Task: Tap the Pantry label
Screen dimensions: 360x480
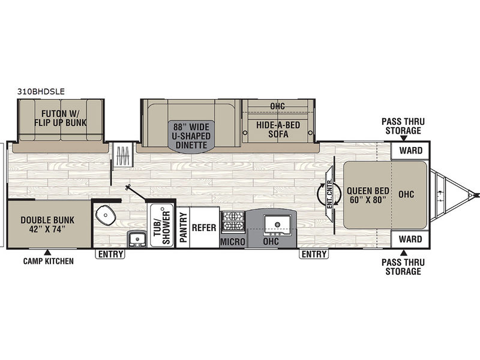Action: [182, 227]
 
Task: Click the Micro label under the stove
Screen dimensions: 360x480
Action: [233, 242]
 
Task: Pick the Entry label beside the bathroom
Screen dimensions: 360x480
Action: [110, 254]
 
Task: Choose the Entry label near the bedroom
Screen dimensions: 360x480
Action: [314, 254]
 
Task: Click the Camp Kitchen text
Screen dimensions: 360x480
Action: [49, 261]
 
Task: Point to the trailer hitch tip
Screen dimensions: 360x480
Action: [478, 194]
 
